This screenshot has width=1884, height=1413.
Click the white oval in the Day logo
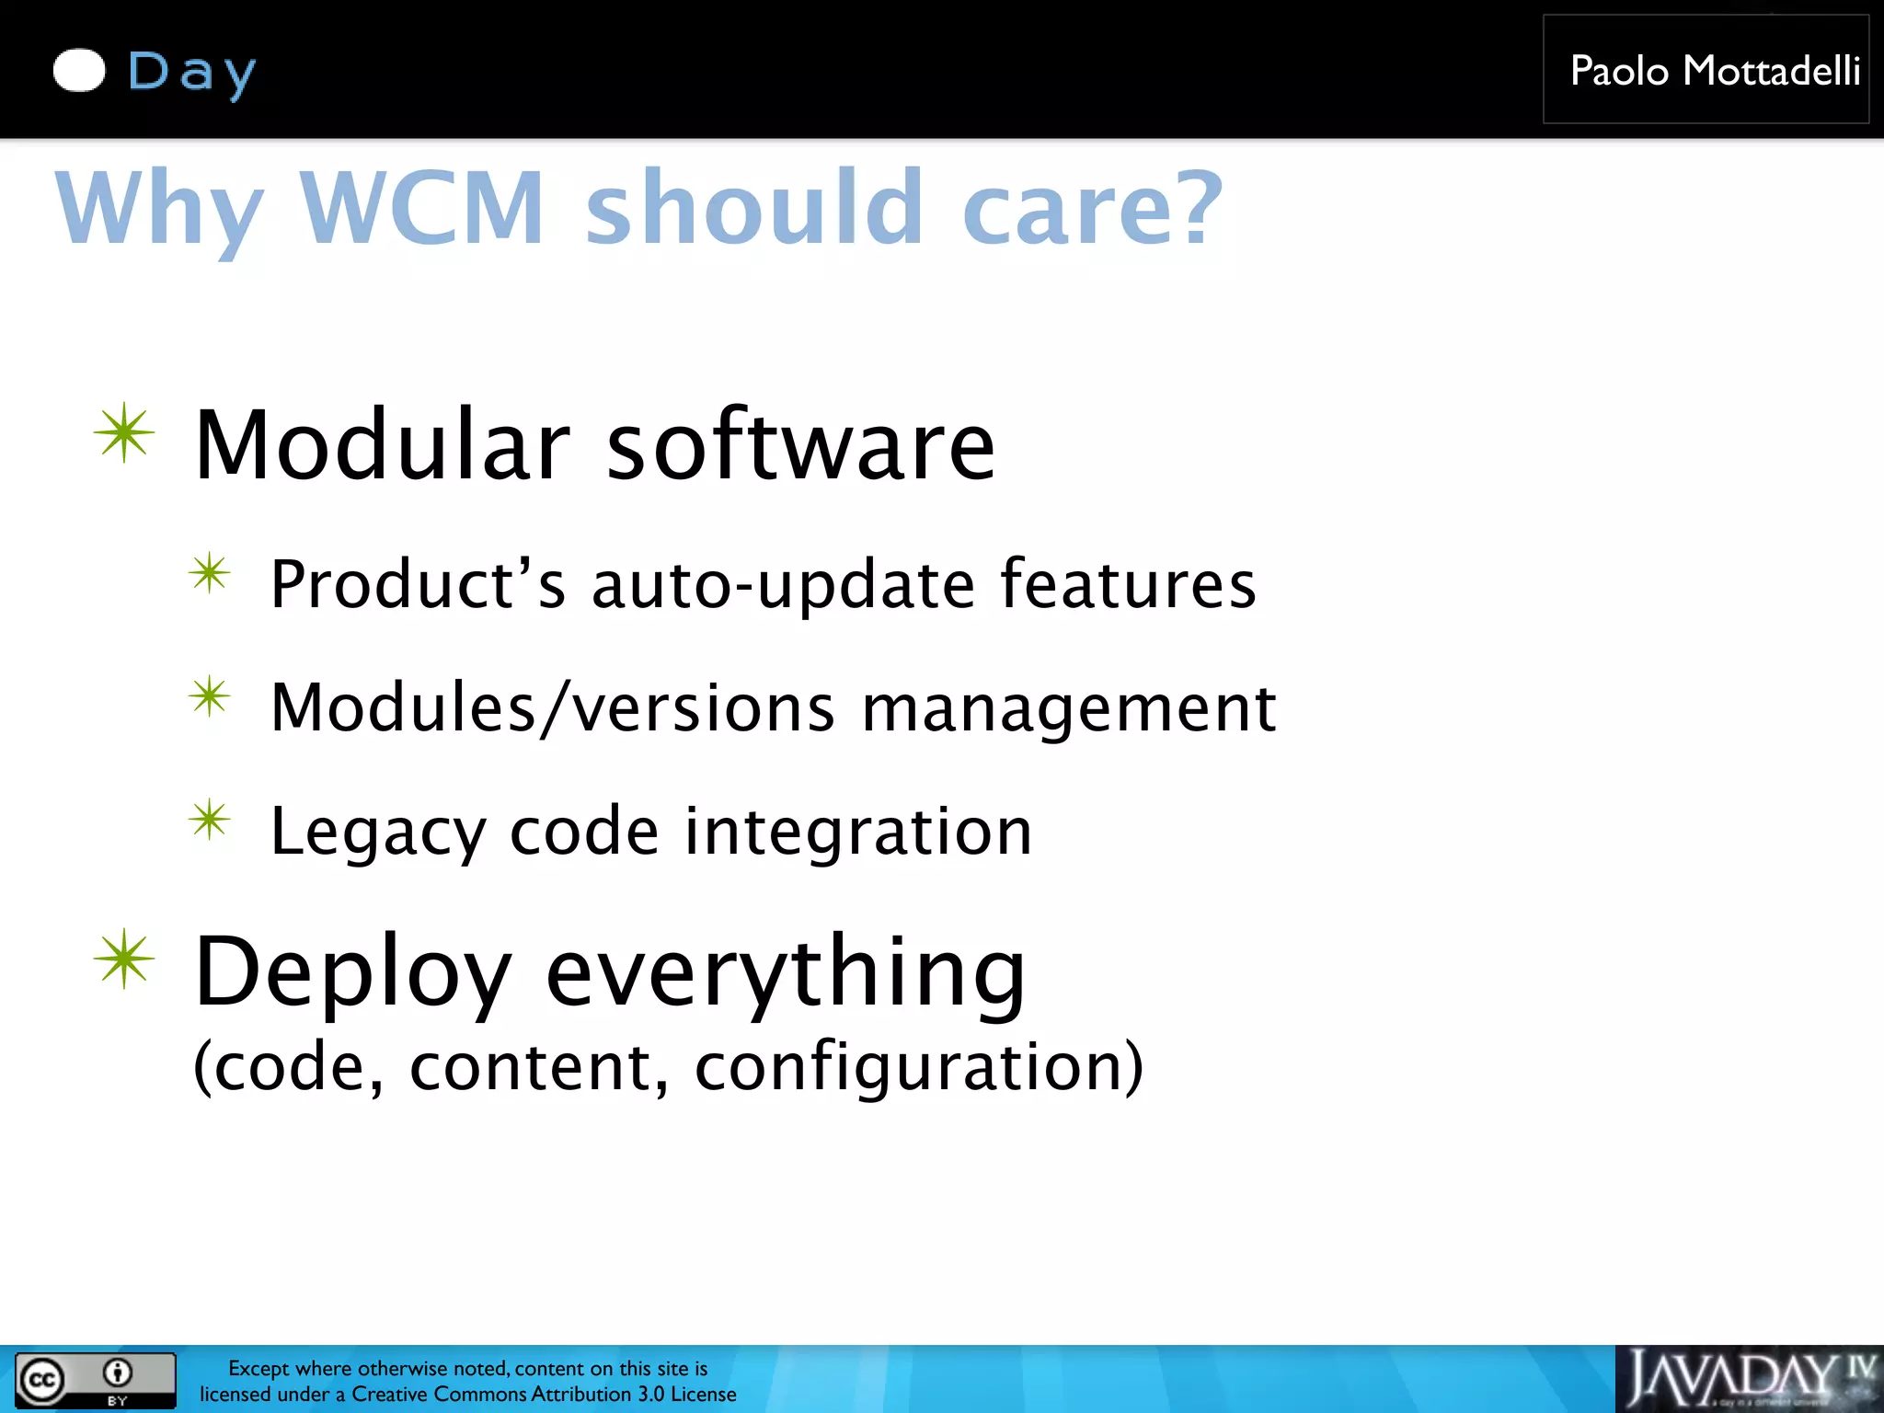[x=79, y=71]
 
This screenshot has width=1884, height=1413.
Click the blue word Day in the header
[x=191, y=73]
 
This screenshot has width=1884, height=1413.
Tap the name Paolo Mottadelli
[x=1715, y=71]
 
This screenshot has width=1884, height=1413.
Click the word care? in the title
[x=1092, y=210]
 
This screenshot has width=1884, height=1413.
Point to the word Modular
[x=383, y=445]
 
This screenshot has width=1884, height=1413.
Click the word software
[x=800, y=445]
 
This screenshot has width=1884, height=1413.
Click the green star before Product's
[x=210, y=574]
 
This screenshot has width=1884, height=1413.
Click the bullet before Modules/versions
[x=210, y=697]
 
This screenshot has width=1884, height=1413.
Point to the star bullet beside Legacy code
[x=210, y=820]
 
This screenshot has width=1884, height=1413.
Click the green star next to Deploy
[x=124, y=959]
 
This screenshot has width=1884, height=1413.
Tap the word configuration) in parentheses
[x=919, y=1067]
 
